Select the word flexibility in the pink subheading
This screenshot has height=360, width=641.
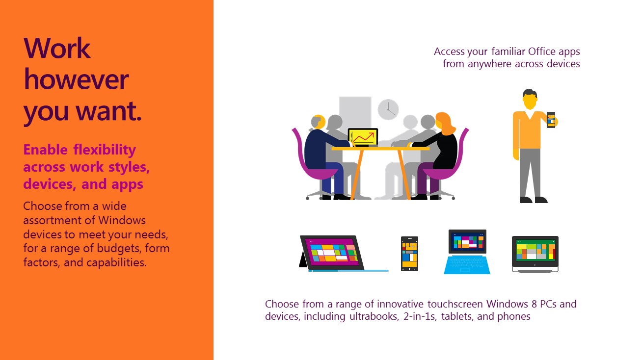coord(105,150)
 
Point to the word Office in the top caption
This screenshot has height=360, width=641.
coord(542,51)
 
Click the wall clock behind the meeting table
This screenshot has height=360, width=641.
coord(388,109)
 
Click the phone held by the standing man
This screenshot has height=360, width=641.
coord(551,120)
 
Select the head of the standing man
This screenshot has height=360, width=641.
coord(530,99)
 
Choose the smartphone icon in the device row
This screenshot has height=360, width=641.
coord(409,254)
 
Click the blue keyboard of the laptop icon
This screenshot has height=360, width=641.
coord(467,265)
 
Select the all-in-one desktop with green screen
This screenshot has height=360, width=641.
coord(535,254)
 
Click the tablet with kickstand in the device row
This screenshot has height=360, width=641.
coord(332,253)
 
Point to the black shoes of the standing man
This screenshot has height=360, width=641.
coord(534,200)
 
